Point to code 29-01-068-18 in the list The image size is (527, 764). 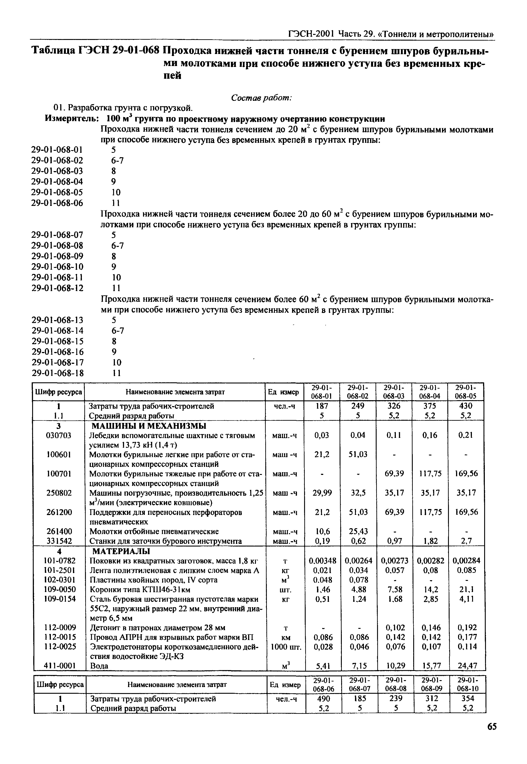[x=58, y=373]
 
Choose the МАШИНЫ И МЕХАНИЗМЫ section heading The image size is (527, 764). [x=149, y=426]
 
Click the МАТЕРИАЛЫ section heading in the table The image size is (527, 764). [x=121, y=551]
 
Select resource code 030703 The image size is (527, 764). [x=58, y=435]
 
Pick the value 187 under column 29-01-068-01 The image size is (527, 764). [x=322, y=406]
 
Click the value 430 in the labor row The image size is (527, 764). [x=466, y=406]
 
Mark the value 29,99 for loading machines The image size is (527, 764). [x=322, y=493]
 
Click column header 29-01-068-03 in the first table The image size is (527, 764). [x=394, y=391]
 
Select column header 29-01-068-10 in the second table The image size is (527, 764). [x=468, y=684]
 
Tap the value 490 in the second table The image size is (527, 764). [x=324, y=699]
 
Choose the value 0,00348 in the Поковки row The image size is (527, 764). [x=322, y=561]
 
